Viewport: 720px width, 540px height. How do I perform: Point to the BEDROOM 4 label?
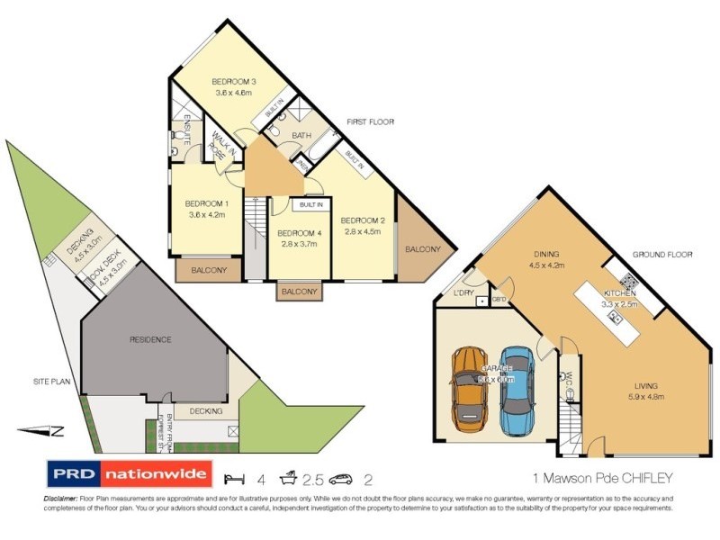point(300,232)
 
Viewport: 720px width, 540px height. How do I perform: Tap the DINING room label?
point(545,255)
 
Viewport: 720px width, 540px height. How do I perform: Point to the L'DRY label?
point(463,292)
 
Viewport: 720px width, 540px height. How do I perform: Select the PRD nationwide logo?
point(129,473)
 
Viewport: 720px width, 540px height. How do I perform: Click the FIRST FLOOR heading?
point(371,121)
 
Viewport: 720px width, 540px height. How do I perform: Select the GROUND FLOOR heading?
point(661,255)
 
